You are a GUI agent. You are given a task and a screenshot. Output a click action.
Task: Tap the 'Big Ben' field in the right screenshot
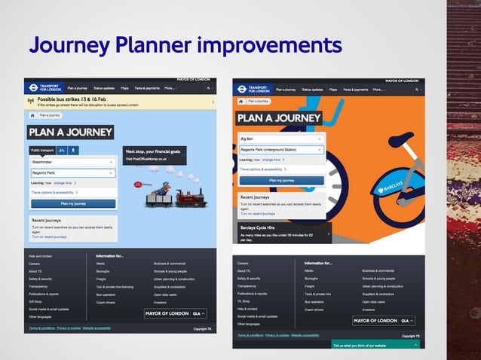tap(279, 139)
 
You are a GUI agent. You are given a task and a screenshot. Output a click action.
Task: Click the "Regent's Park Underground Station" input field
tap(279, 149)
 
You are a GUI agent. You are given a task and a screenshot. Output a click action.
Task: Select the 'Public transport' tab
tap(41, 150)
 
